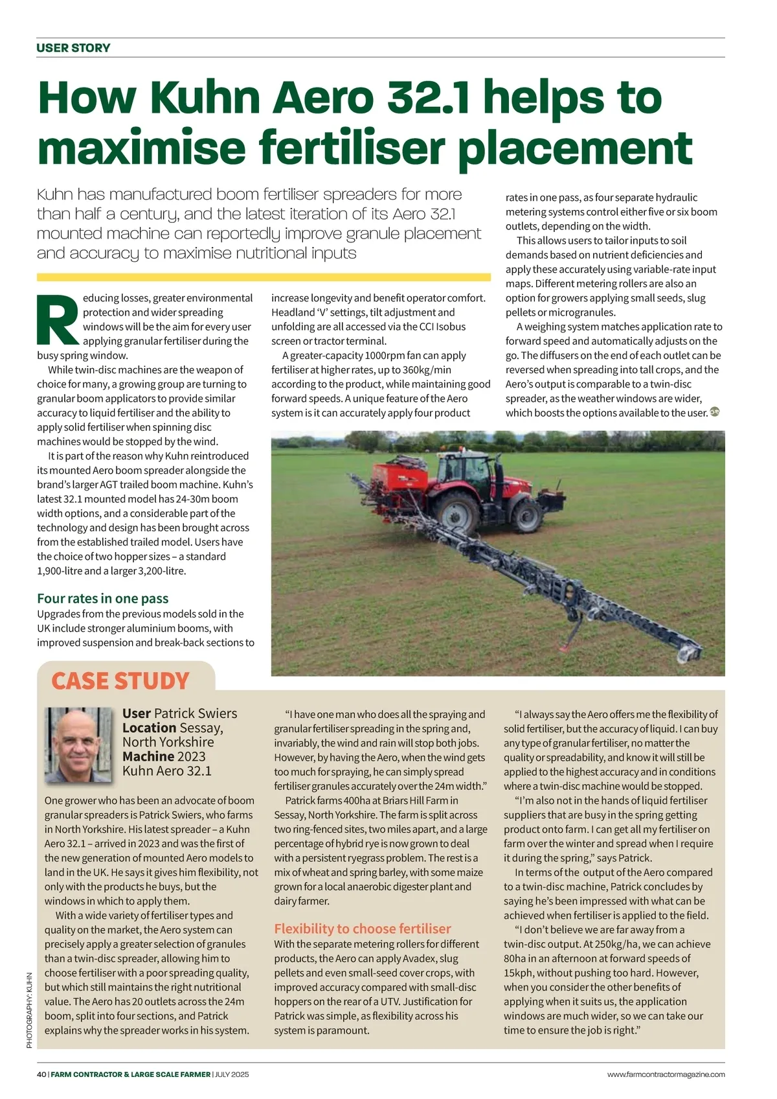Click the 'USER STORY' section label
(x=73, y=48)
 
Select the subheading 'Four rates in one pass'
(x=102, y=598)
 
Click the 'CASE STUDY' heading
(x=120, y=681)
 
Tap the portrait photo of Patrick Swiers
(x=78, y=745)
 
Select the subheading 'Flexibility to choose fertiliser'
(x=362, y=929)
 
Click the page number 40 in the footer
(x=41, y=1074)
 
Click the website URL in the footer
(x=666, y=1074)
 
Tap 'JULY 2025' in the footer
(x=232, y=1074)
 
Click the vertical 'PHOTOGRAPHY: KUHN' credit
(x=29, y=1009)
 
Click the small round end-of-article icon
(x=715, y=411)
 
